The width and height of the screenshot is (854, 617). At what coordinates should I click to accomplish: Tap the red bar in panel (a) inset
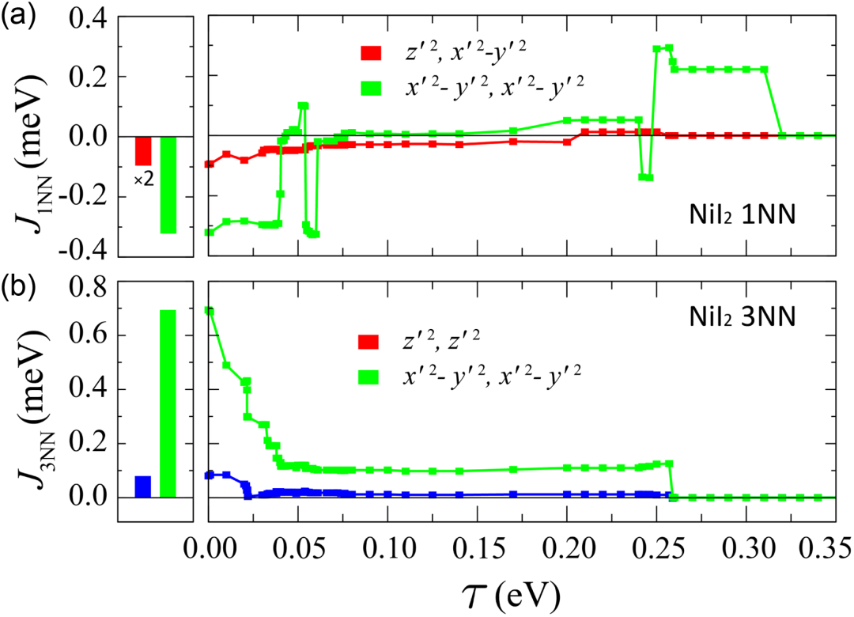[x=143, y=150]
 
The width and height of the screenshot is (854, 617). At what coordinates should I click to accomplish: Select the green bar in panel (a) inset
[x=168, y=184]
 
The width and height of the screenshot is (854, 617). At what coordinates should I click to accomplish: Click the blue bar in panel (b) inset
[x=143, y=486]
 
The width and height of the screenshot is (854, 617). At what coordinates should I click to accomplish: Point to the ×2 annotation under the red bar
[x=143, y=180]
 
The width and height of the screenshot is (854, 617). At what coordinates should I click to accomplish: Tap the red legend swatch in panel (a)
[x=370, y=55]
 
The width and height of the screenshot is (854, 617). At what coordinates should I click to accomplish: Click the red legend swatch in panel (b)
[x=370, y=343]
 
